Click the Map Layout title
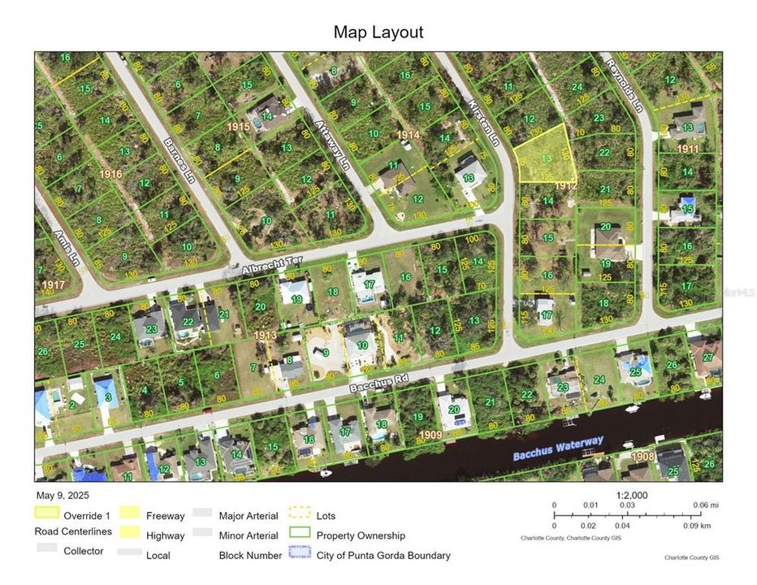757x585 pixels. tap(378, 32)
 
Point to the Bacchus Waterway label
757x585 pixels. tap(558, 448)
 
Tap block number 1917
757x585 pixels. tap(54, 285)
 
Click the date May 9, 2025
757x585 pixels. tap(62, 495)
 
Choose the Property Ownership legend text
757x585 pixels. tap(361, 535)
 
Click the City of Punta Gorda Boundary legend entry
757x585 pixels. tap(383, 556)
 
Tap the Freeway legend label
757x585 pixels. tap(165, 515)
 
